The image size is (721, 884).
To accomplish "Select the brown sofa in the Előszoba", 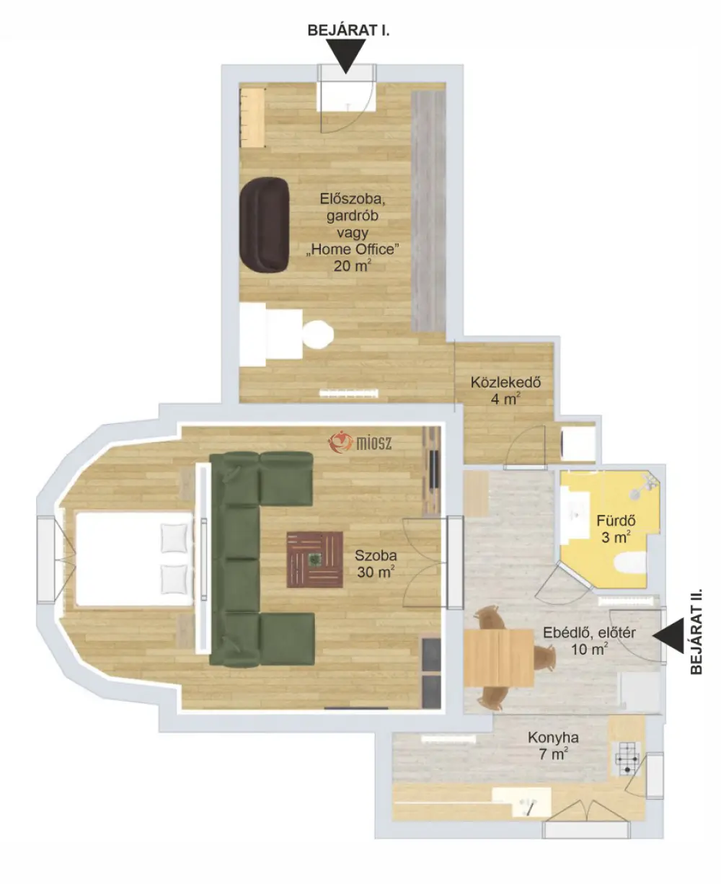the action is click(265, 225).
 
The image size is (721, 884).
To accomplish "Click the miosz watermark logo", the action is click(360, 442).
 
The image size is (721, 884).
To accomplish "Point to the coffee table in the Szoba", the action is click(315, 560).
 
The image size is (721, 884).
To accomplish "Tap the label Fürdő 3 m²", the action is click(616, 529).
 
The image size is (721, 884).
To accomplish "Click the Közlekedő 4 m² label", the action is click(505, 390).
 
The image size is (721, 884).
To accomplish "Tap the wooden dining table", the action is click(499, 658).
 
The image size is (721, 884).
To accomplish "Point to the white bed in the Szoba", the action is click(134, 558).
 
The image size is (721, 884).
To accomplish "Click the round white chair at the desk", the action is click(318, 335).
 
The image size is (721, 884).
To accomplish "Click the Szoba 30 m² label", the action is click(376, 563).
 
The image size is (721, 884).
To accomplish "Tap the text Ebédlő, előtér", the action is click(589, 632).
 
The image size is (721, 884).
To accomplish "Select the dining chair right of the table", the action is click(545, 658).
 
